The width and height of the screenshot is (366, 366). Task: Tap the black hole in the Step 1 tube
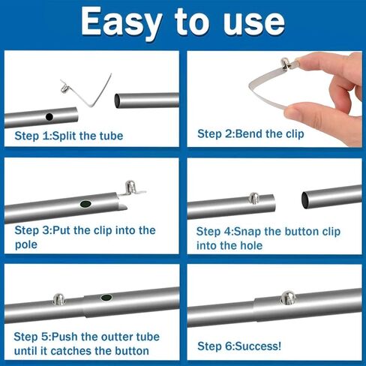coord(49,116)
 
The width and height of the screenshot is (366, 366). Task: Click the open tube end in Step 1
coord(117,100)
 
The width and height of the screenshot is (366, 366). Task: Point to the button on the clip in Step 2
coord(286,63)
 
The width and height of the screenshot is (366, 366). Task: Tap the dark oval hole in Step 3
coord(85,204)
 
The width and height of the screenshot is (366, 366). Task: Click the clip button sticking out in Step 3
coord(130,187)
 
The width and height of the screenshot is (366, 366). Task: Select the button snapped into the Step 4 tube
coord(254,198)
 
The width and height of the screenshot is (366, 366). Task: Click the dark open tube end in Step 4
coord(305,199)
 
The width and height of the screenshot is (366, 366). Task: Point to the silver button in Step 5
coord(59,298)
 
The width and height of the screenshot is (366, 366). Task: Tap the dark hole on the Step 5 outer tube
coord(106,298)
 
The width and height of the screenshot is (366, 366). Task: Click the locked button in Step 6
coord(288,297)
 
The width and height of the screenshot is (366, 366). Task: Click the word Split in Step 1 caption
coord(64,136)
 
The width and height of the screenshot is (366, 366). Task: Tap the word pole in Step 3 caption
coord(26,244)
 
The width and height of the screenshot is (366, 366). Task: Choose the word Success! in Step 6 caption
coord(258,346)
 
